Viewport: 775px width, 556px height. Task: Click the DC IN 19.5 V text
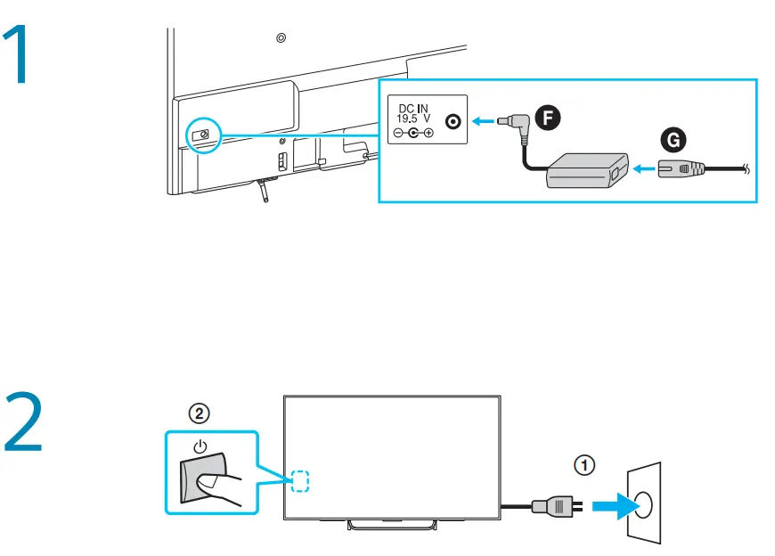click(414, 112)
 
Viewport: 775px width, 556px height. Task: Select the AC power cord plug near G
click(681, 168)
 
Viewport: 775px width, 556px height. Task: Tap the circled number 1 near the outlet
click(581, 464)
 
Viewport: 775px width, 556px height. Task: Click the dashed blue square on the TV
click(300, 481)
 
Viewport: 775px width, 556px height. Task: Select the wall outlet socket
click(644, 505)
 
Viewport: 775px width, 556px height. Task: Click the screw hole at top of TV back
click(281, 38)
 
